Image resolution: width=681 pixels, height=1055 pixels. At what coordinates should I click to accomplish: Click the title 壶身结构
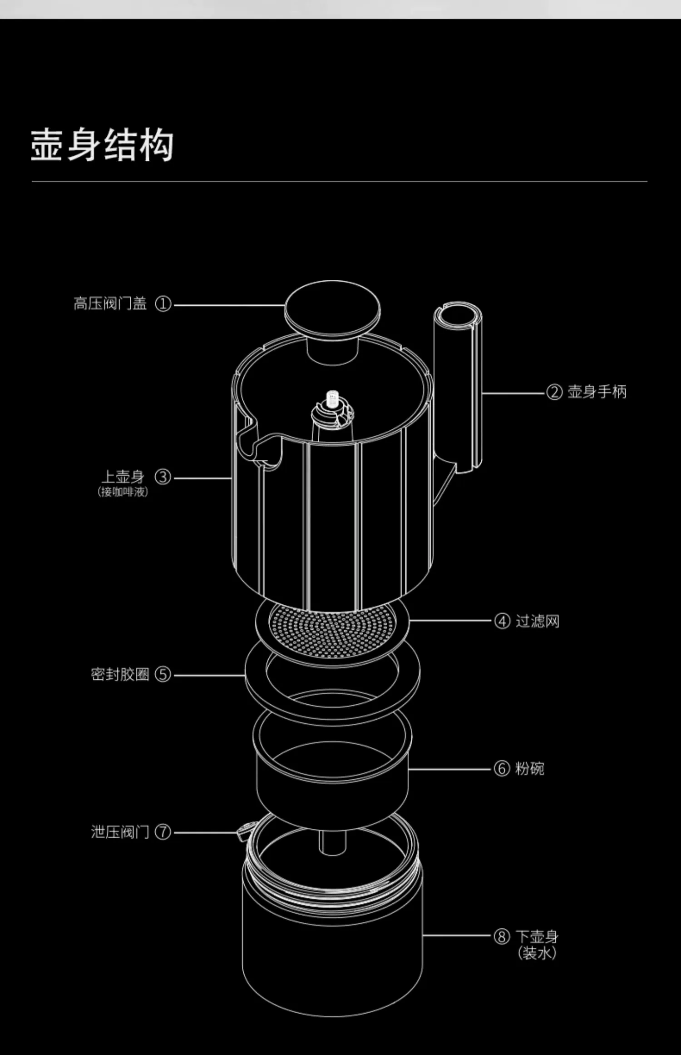coord(102,145)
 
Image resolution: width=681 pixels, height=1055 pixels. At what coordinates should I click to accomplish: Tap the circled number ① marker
coord(163,304)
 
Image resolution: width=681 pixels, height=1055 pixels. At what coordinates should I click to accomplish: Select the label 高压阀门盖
coord(110,304)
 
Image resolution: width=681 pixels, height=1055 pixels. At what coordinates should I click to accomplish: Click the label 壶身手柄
coord(597,392)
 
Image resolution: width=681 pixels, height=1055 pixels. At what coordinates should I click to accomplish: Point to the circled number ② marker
coord(554,392)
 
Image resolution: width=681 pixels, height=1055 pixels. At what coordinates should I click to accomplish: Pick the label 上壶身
coord(123,477)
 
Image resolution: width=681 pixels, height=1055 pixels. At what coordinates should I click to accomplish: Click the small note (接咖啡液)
coord(123,492)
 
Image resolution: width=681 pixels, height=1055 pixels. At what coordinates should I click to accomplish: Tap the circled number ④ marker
coord(502,621)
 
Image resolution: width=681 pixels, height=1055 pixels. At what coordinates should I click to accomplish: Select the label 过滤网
coord(538,621)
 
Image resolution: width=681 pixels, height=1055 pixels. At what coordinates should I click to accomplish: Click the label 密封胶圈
coord(120,674)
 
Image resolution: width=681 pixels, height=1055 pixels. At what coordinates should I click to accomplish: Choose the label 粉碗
coord(529,769)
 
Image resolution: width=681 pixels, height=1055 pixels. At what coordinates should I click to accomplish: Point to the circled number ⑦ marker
coord(163,832)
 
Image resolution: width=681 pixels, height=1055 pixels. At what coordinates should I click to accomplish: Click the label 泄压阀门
coord(120,832)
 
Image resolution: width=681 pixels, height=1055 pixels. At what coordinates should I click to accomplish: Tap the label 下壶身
coord(537,936)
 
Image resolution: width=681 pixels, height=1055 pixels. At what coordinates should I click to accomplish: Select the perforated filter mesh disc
coord(332,631)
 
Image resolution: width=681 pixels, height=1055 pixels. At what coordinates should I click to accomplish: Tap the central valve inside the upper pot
coord(333,409)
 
